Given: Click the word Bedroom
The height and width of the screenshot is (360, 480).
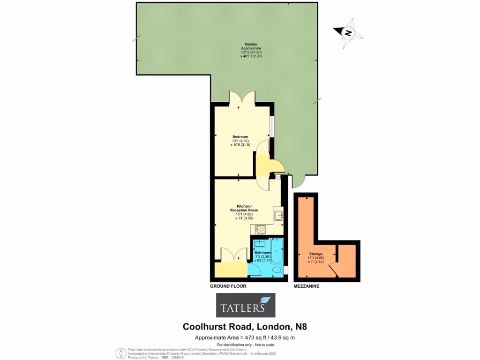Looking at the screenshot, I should [x=240, y=137].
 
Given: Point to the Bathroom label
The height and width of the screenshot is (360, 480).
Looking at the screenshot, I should [x=263, y=253].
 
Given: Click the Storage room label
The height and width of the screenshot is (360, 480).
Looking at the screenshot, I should [x=315, y=254].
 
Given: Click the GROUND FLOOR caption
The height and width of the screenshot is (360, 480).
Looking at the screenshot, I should [x=228, y=286].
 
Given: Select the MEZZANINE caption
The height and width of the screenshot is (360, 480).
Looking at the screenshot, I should [x=307, y=286].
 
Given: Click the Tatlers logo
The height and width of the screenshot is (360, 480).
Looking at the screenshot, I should [x=245, y=306].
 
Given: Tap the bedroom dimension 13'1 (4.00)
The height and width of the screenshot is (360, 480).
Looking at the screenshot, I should [x=240, y=141].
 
